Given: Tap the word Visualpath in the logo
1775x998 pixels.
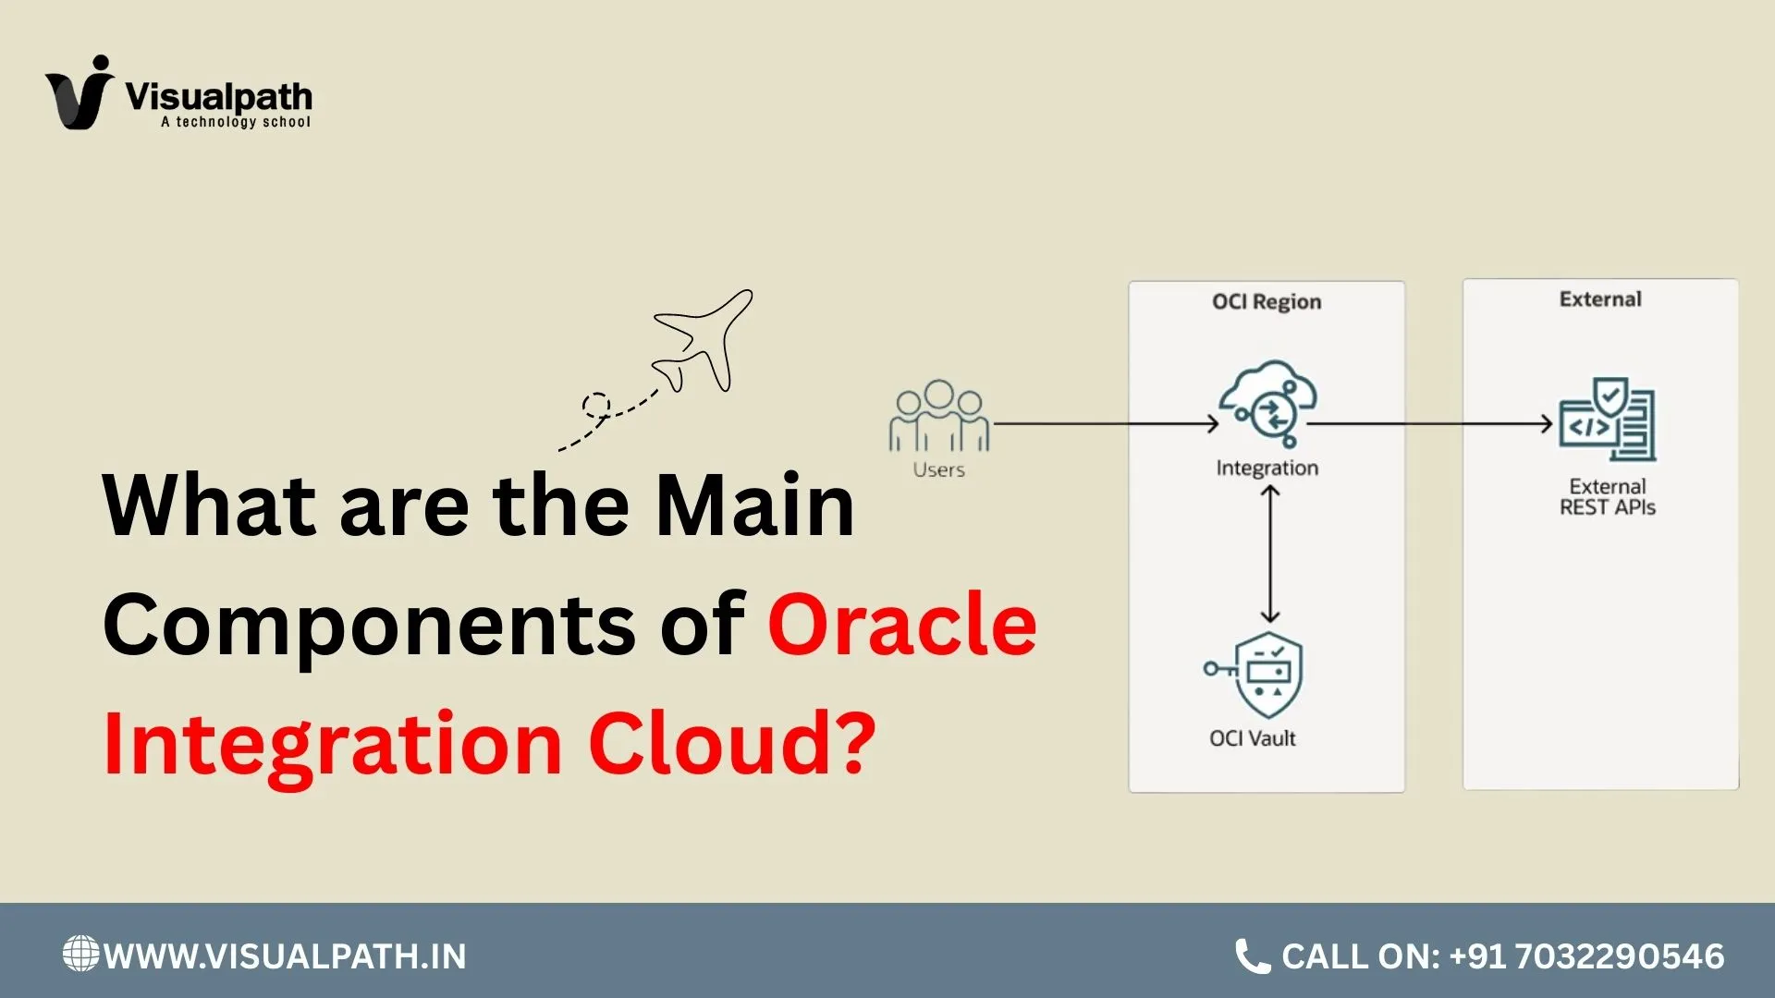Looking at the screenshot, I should tap(218, 96).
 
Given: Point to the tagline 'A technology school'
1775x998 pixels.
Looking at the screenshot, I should tap(236, 122).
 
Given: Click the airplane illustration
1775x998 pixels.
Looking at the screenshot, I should tap(704, 341).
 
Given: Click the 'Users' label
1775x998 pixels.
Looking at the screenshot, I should tap(938, 469).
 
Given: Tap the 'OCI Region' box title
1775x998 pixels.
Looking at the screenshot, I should tap(1267, 301).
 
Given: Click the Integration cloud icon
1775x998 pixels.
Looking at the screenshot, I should tap(1267, 403).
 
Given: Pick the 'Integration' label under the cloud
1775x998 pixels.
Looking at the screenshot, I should tap(1267, 468).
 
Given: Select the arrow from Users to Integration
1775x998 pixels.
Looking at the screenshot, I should tap(1105, 424).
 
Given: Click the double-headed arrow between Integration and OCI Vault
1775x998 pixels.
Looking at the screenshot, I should tap(1270, 554).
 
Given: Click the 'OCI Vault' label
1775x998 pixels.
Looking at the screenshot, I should tap(1253, 738).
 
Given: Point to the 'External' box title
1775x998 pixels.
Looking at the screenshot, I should tap(1600, 299).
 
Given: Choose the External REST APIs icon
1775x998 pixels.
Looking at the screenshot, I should tap(1607, 420).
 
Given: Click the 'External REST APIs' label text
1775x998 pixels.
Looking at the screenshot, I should tap(1607, 497).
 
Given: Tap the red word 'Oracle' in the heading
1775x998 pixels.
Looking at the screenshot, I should tap(901, 625).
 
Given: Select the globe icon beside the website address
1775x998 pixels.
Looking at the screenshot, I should tap(80, 954).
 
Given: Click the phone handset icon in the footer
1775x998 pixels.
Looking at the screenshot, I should tap(1253, 956).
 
